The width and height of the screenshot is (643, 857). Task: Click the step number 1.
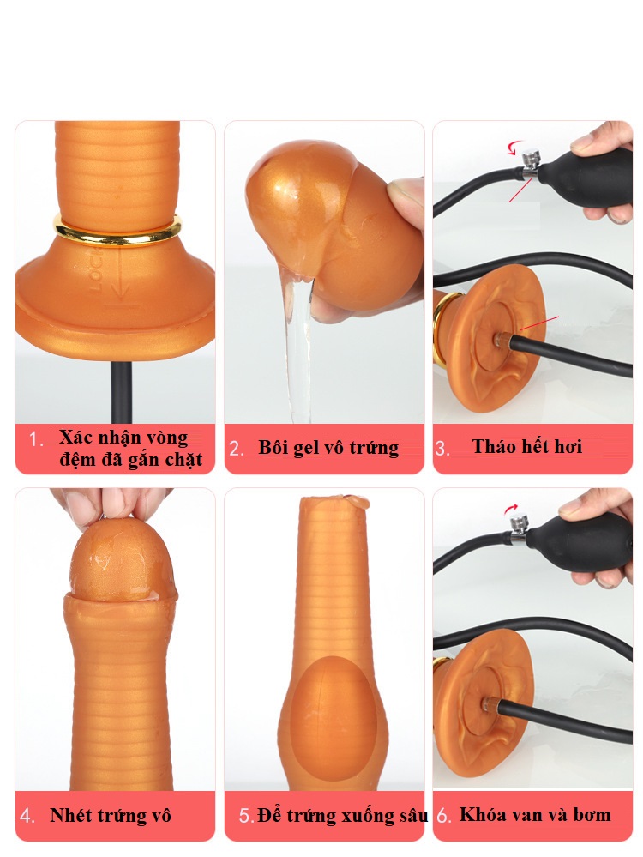tap(35, 439)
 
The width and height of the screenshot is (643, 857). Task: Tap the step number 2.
tap(236, 449)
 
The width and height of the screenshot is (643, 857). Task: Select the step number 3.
tap(442, 449)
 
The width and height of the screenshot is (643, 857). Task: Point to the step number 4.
tap(27, 816)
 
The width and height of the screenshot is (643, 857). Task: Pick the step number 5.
tap(246, 816)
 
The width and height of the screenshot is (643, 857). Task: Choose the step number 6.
tap(443, 816)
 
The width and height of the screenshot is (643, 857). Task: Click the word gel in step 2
tap(307, 448)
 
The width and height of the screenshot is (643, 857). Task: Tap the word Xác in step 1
tap(76, 438)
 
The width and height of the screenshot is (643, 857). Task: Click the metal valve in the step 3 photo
tap(529, 165)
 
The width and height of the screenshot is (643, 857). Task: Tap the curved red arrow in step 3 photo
tap(514, 147)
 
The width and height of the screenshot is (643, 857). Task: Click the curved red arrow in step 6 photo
tap(511, 510)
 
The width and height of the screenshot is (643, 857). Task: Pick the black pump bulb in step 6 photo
tap(578, 543)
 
